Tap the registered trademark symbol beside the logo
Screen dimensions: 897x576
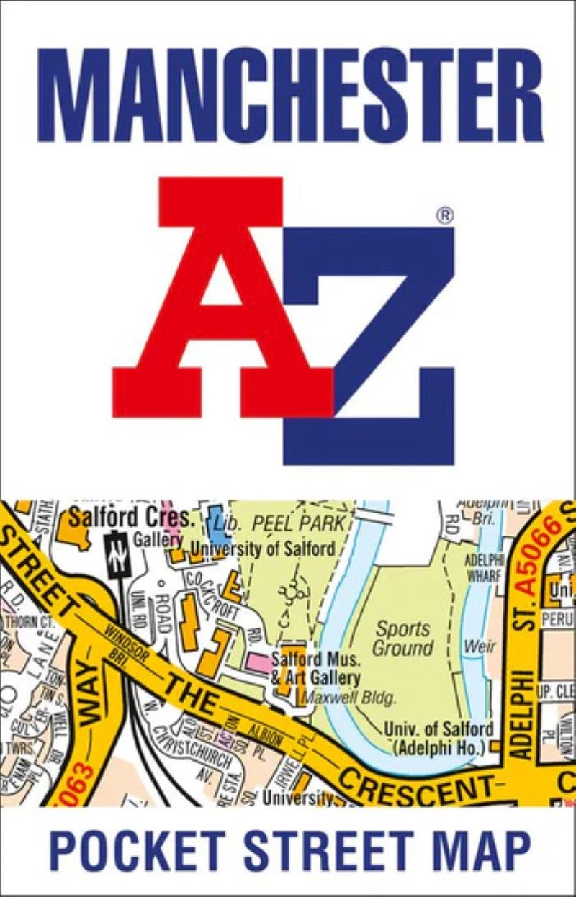pyautogui.click(x=445, y=215)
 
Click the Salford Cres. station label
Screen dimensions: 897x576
pyautogui.click(x=130, y=517)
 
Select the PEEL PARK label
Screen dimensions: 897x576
pyautogui.click(x=292, y=523)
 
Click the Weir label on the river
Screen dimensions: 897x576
pyautogui.click(x=480, y=646)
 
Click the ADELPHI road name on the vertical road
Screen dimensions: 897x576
pyautogui.click(x=524, y=713)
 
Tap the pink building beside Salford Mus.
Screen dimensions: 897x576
pyautogui.click(x=258, y=661)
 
